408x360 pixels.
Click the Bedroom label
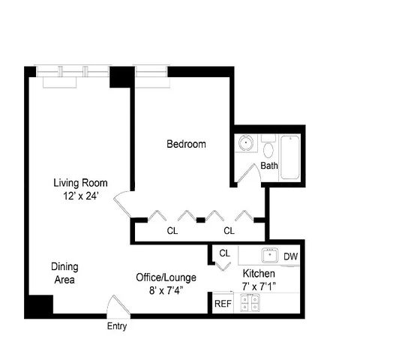186,144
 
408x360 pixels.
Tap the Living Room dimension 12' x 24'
80,196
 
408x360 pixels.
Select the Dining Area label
64,273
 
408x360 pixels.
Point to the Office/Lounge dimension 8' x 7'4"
166,290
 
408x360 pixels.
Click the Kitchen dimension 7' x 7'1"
259,286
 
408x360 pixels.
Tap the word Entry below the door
117,326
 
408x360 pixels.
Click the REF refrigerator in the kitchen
223,303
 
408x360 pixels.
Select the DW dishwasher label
291,256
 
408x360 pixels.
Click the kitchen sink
270,255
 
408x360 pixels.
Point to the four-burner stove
250,303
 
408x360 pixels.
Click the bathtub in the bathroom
290,157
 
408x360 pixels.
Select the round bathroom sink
246,142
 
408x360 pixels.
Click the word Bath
269,166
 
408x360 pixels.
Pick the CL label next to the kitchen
224,253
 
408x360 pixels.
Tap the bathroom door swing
249,172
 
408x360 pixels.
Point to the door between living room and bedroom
122,203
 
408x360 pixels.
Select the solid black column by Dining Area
39,306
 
